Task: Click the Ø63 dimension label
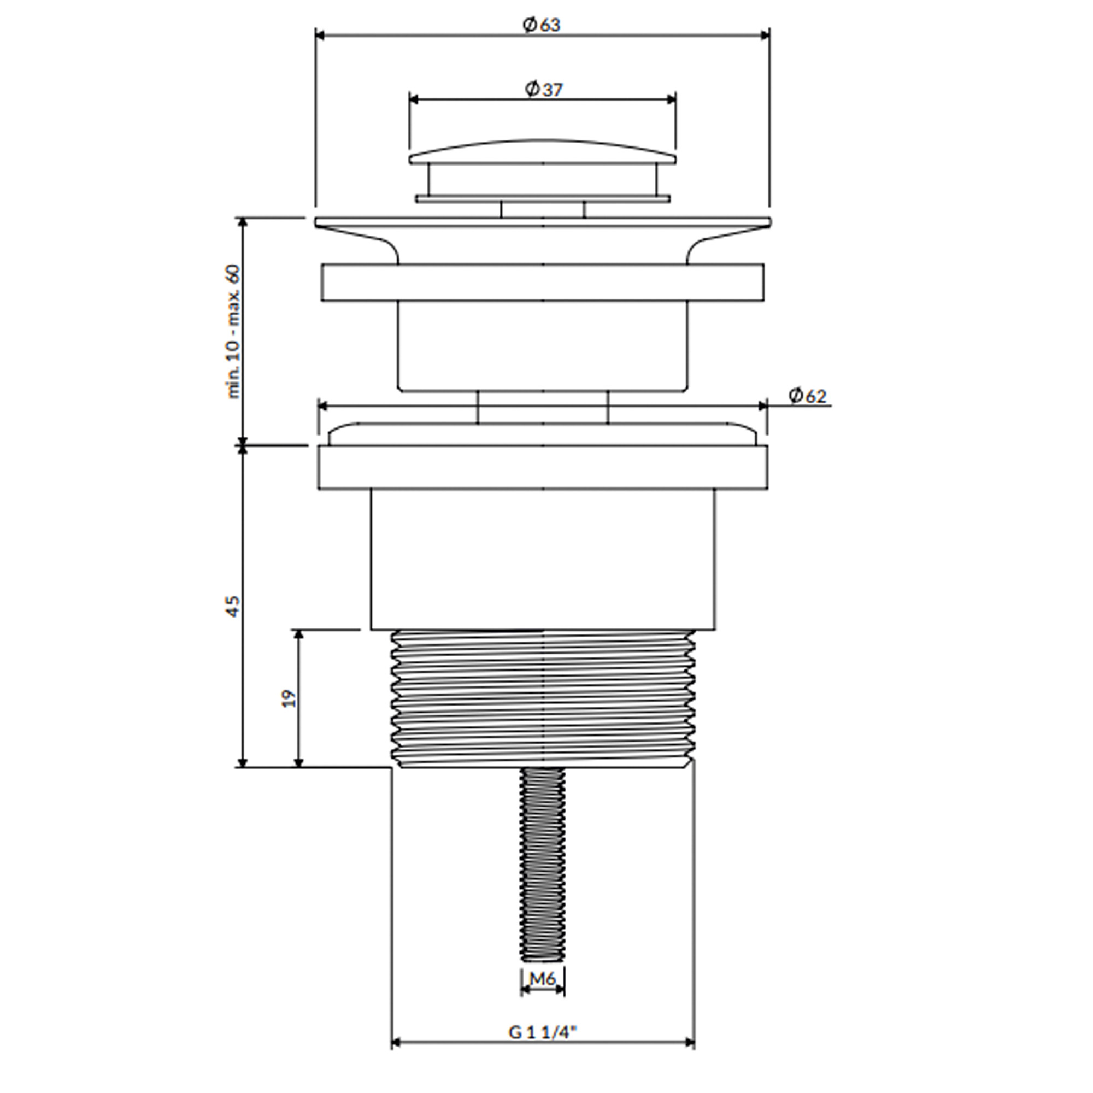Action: click(x=542, y=25)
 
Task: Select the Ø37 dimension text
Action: click(x=544, y=90)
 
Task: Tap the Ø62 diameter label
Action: click(x=807, y=396)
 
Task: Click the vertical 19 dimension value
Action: click(x=289, y=698)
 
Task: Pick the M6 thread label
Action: click(x=543, y=978)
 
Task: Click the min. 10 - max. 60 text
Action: click(x=233, y=332)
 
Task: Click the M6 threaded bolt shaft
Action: click(x=543, y=864)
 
